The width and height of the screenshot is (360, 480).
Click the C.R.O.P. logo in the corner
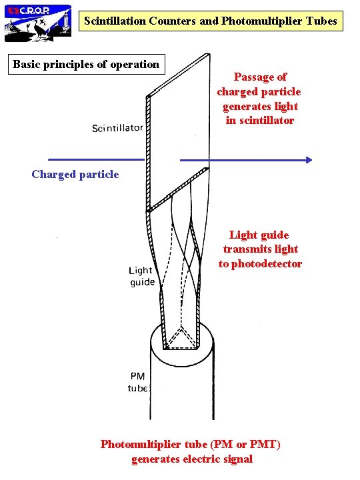pos(38,22)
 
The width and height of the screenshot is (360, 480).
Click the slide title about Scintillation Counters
pos(211,21)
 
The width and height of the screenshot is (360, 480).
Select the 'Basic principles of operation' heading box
pos(87,65)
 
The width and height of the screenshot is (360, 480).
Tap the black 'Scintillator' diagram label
pos(117,128)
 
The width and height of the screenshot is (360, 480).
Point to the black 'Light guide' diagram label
pos(141,276)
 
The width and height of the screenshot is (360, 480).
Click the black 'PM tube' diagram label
pos(137,382)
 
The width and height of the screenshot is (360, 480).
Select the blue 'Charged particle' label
pos(75,175)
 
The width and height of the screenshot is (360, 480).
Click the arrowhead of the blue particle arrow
pos(307,160)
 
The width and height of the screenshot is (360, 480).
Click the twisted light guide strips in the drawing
pos(180,267)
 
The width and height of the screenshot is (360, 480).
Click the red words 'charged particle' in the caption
pos(259,92)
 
